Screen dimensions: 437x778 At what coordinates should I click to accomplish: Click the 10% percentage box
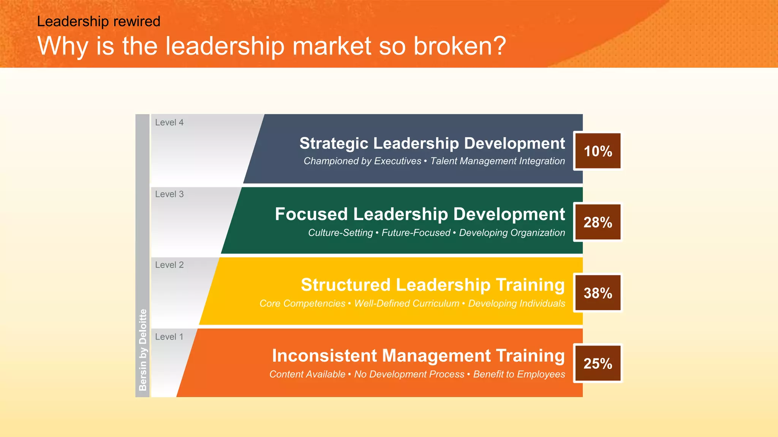(x=598, y=151)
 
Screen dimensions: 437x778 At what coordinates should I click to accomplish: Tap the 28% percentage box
(x=598, y=222)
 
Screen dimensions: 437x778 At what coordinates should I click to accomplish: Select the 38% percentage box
(x=598, y=293)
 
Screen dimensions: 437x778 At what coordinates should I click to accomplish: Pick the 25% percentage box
(x=598, y=363)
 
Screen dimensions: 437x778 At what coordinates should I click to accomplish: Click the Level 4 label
(x=169, y=123)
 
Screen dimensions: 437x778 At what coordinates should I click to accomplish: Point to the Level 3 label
(x=169, y=194)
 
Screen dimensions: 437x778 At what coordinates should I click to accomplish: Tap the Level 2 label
(x=169, y=265)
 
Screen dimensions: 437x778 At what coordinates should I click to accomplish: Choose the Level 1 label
(x=169, y=337)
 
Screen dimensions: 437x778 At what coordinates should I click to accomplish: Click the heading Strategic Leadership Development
(x=432, y=143)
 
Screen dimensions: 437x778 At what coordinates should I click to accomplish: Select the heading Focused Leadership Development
(x=420, y=214)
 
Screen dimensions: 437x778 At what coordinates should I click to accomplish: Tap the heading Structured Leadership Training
(x=433, y=285)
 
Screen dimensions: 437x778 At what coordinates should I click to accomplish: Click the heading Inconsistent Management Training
(x=418, y=356)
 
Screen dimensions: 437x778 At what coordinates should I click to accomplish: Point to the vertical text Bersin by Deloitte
(x=142, y=349)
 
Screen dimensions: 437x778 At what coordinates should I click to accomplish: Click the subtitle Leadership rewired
(x=98, y=21)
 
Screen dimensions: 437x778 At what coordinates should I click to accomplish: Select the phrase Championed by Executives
(x=362, y=161)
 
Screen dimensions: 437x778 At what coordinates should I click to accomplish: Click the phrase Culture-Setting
(x=340, y=233)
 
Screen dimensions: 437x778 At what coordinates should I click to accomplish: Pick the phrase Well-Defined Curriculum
(x=406, y=303)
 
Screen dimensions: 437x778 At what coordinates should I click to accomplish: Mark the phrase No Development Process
(x=409, y=374)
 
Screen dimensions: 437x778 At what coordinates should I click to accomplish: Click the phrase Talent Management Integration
(x=497, y=161)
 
